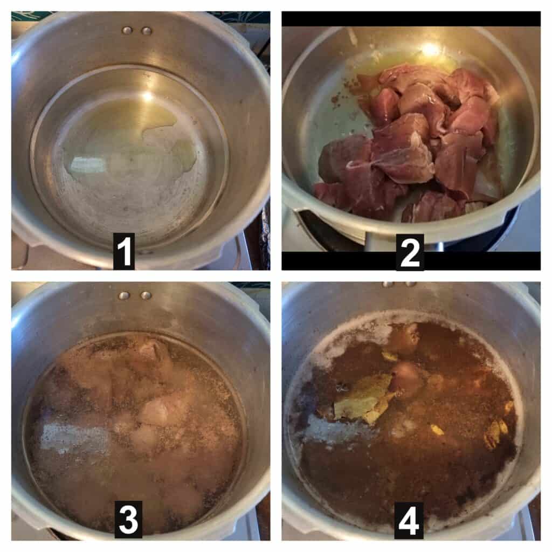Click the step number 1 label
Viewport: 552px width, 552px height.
tap(123, 251)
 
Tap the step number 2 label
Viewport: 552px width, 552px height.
tap(410, 252)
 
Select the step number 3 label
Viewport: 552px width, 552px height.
tap(128, 520)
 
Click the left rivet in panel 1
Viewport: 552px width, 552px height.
tap(127, 31)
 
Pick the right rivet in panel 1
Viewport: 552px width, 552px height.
tap(147, 31)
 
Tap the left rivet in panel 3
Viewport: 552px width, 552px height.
tap(123, 295)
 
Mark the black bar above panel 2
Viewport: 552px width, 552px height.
tap(411, 19)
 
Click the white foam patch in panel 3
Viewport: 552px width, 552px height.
tap(75, 438)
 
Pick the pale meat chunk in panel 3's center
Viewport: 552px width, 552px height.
tap(155, 412)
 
